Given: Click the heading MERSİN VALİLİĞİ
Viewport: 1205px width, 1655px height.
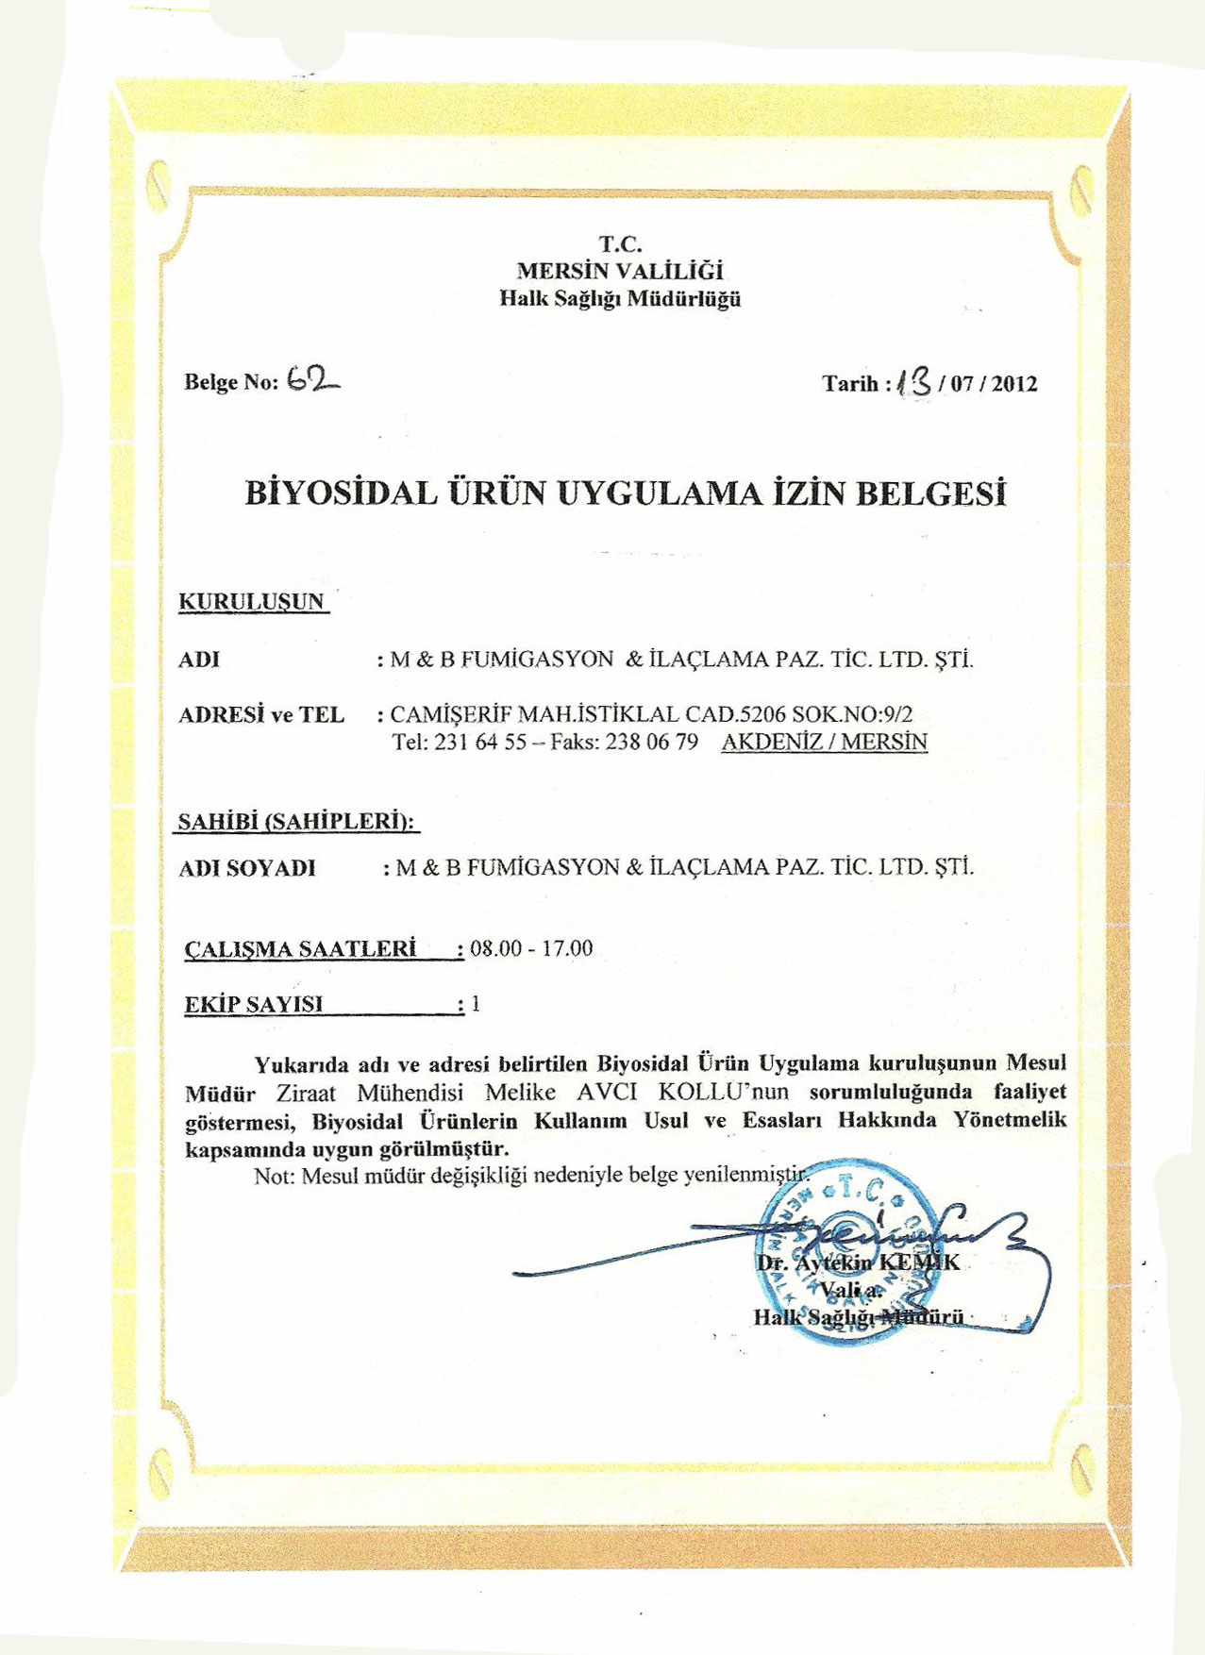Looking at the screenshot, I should (x=620, y=272).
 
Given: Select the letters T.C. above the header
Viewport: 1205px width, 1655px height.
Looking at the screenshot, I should (x=620, y=244).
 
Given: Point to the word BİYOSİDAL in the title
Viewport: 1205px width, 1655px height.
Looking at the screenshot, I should (x=341, y=493).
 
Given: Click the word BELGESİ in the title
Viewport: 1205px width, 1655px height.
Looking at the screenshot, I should (x=930, y=493).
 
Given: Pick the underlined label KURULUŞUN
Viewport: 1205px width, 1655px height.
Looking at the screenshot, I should (x=252, y=602).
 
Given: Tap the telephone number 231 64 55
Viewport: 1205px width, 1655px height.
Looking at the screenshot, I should (x=480, y=743).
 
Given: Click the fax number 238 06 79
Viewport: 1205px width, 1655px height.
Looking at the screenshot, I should (x=652, y=743).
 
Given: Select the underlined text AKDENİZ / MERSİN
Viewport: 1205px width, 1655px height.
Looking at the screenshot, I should (x=824, y=743).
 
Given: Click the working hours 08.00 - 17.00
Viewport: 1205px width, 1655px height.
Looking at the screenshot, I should (x=531, y=948).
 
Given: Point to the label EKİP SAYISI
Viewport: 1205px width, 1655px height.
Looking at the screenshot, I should (x=254, y=1004).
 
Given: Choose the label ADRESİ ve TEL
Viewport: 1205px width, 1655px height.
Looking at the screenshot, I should (x=261, y=715).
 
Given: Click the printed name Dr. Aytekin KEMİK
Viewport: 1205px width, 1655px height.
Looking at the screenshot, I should (x=857, y=1262).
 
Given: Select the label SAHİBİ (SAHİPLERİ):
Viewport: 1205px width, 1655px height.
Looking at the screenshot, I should (x=297, y=822).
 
